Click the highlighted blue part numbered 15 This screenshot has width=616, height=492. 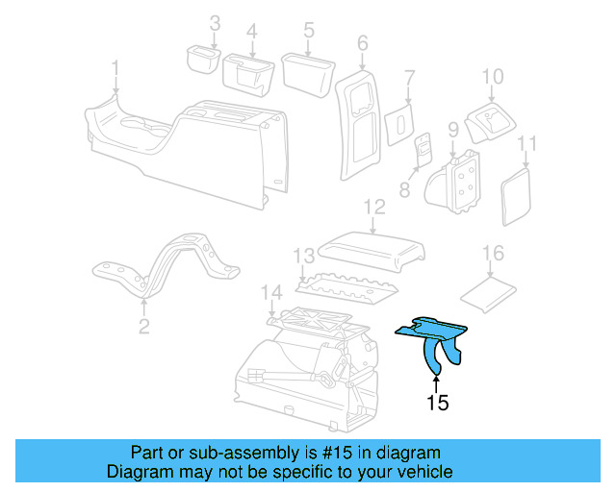(x=431, y=332)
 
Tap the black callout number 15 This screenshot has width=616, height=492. (x=438, y=403)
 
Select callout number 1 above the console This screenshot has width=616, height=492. (x=115, y=68)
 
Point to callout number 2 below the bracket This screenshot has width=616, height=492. (x=144, y=326)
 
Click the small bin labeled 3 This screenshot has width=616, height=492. (x=203, y=60)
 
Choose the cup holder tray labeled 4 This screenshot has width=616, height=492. (x=248, y=76)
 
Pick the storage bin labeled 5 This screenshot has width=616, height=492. (x=308, y=75)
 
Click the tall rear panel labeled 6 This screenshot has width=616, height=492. (x=358, y=125)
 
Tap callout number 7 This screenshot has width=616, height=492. (x=410, y=79)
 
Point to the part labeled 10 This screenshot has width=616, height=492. (x=490, y=123)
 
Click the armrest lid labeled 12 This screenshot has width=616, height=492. (x=371, y=251)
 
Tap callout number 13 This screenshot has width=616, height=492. (x=304, y=256)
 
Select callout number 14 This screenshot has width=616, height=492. (x=271, y=293)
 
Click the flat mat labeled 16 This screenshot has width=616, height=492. (x=488, y=294)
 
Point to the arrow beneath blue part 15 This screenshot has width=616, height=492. (x=436, y=383)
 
